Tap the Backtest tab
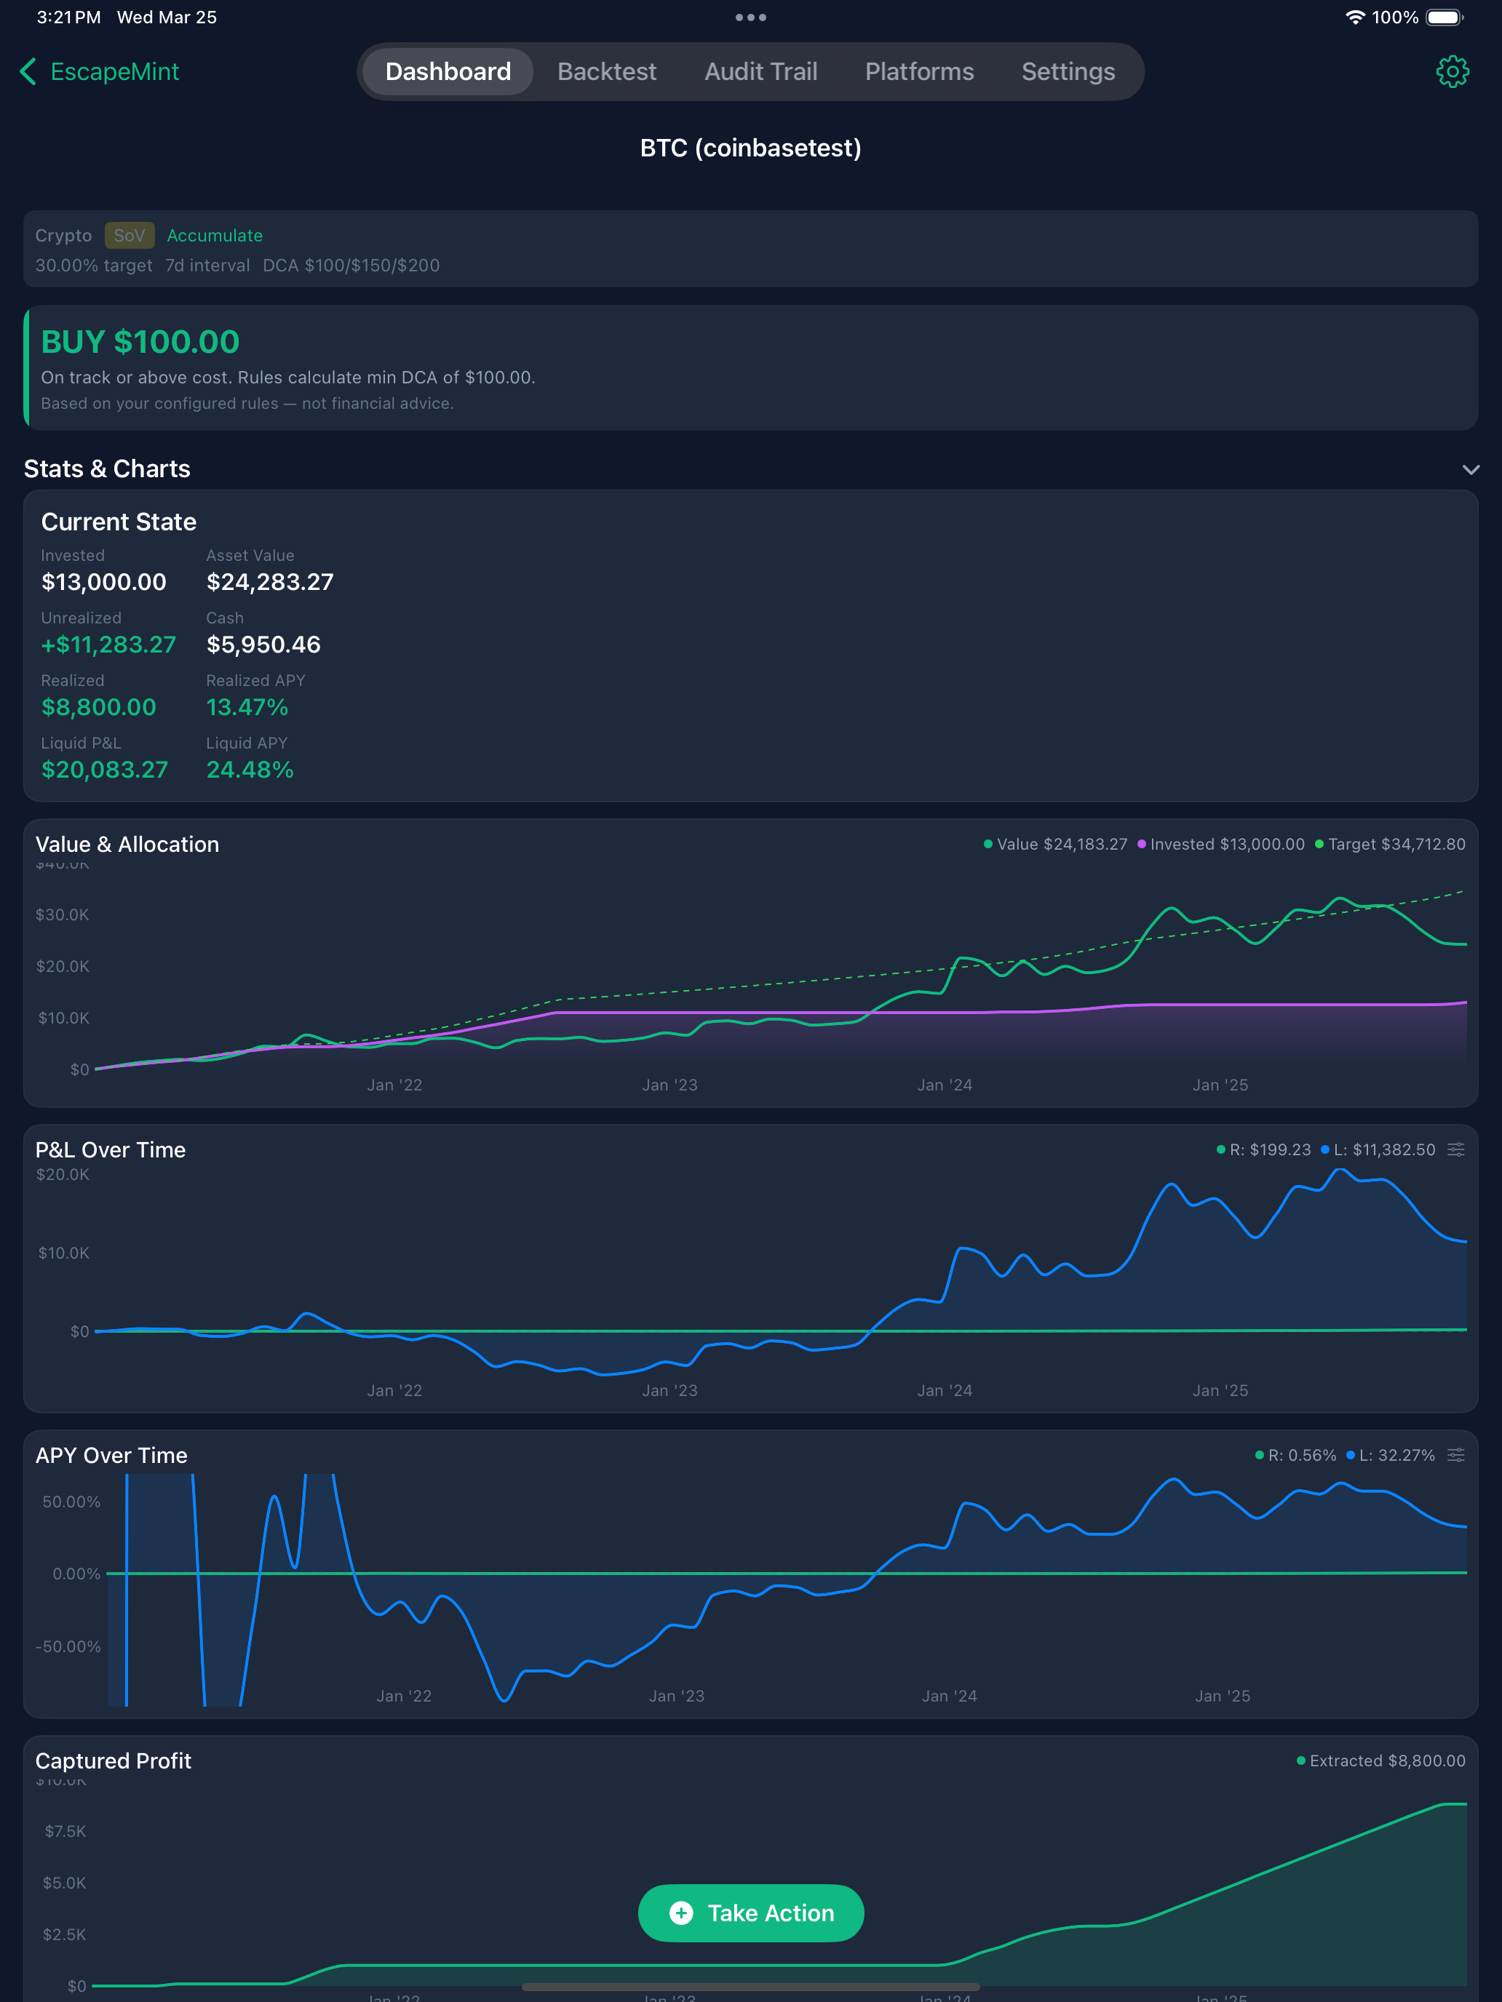(x=607, y=71)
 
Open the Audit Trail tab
(x=760, y=71)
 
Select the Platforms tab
(x=919, y=71)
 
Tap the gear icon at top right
(x=1453, y=71)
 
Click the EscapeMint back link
(x=100, y=71)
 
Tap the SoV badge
(x=129, y=235)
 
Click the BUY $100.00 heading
(x=140, y=342)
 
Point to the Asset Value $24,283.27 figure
(x=270, y=582)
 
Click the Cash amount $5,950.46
(x=263, y=645)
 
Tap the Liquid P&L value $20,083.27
(x=105, y=770)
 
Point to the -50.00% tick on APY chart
(x=68, y=1646)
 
